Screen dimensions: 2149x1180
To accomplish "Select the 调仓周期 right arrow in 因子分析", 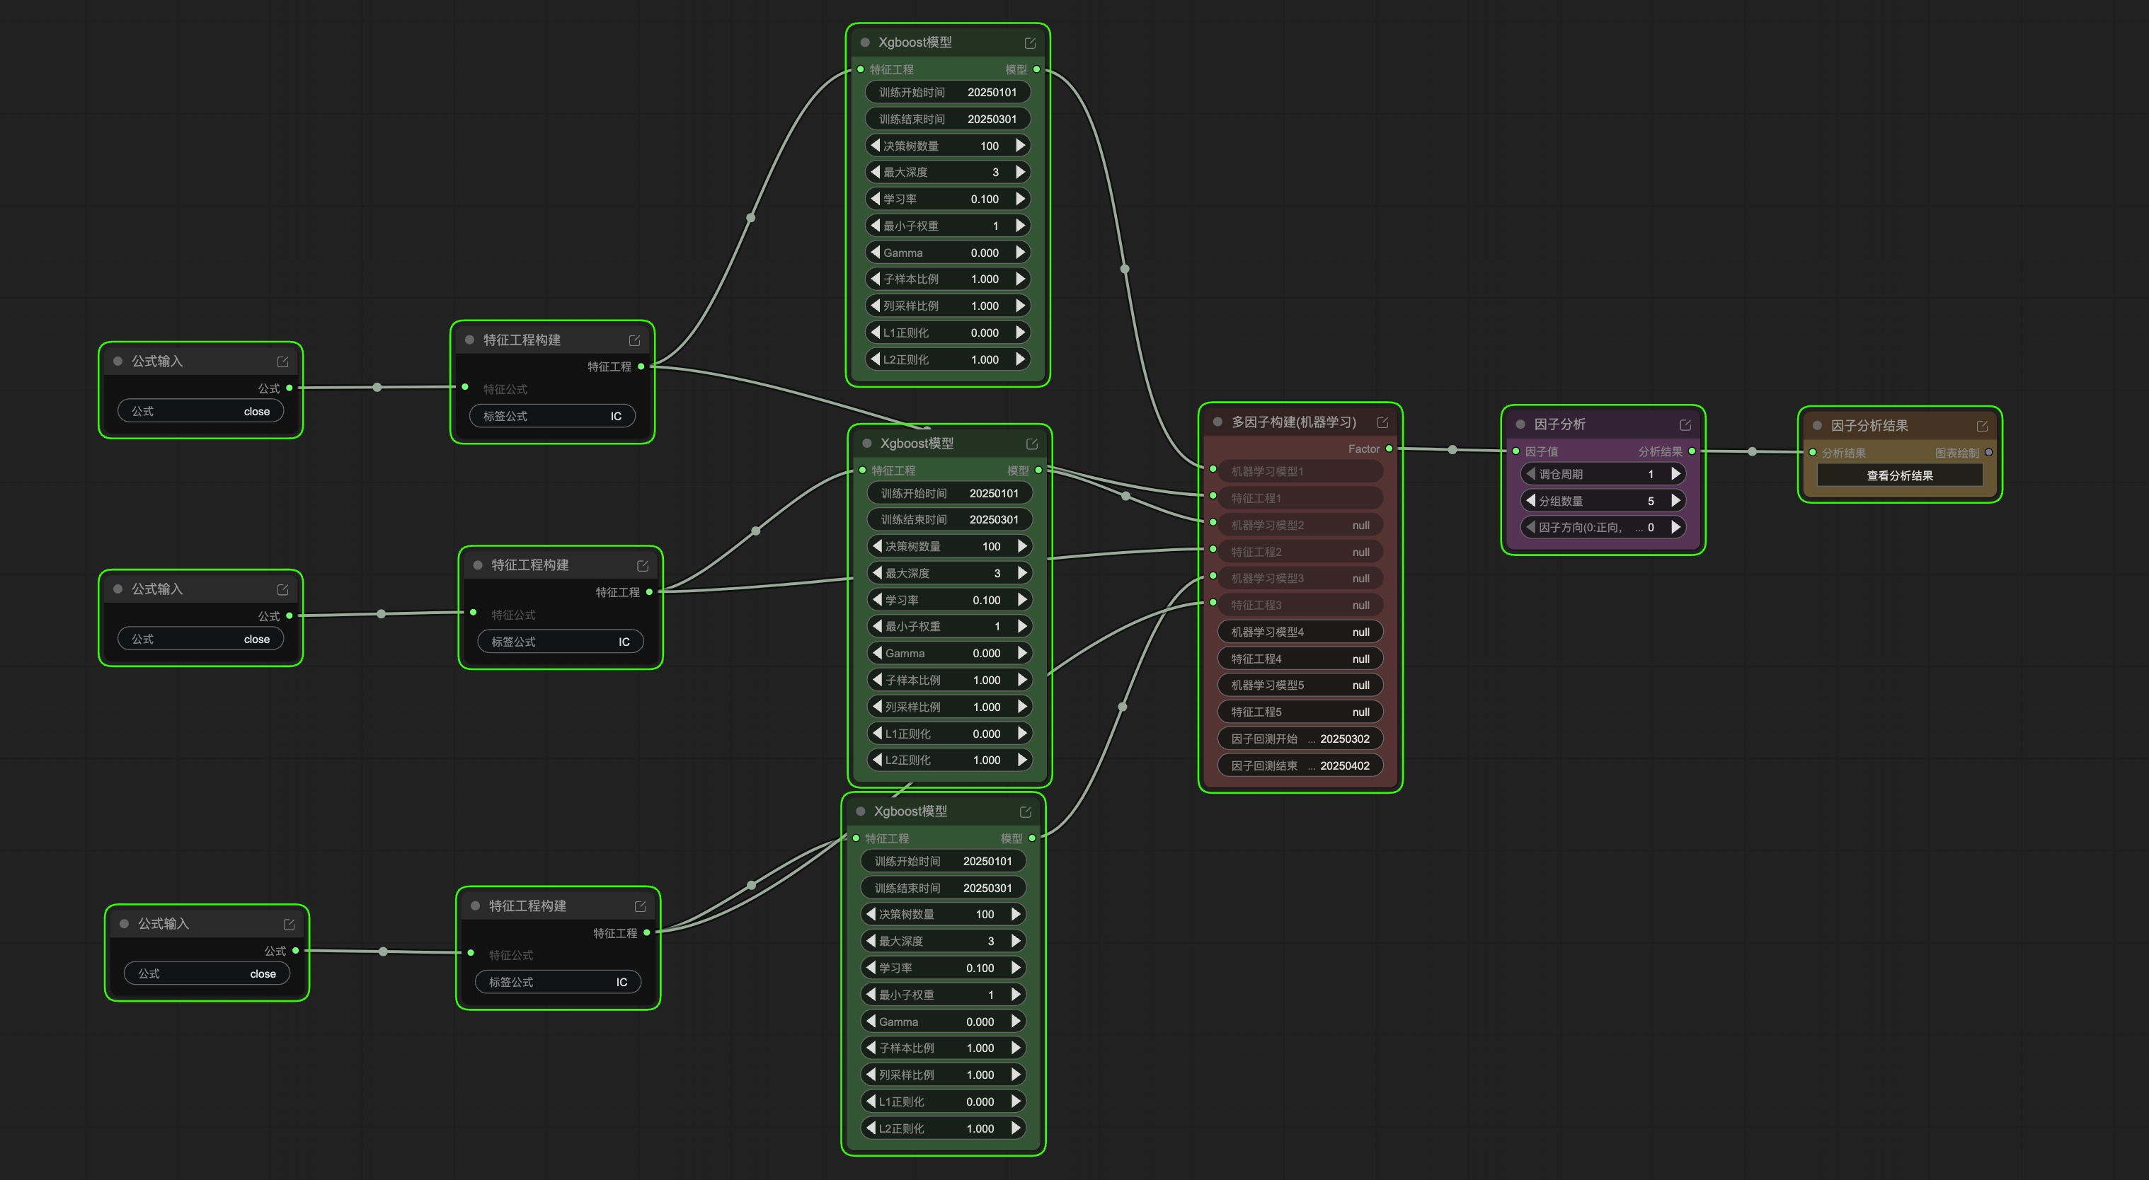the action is point(1675,474).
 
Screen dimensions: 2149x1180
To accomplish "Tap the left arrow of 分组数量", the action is point(1530,500).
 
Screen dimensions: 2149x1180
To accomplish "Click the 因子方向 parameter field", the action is point(1603,527).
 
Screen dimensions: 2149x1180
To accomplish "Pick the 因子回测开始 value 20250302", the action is point(1344,739).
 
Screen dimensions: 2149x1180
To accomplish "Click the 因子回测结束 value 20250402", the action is point(1344,765).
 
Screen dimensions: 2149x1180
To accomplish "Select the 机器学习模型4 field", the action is point(1300,632).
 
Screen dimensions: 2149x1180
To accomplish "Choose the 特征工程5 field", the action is point(1300,712).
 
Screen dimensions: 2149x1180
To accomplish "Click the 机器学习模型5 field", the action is point(1300,686).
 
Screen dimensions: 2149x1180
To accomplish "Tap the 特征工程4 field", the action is point(1300,659).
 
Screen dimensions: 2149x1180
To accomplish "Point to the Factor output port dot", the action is point(1389,449).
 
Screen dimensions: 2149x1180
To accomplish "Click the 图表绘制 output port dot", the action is point(1989,452).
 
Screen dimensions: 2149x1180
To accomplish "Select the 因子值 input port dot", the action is point(1515,451).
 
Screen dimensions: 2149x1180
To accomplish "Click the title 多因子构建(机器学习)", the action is point(1294,422).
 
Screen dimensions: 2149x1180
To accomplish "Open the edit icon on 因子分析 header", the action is point(1685,424).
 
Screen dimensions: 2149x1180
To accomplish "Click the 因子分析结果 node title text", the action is point(1869,425).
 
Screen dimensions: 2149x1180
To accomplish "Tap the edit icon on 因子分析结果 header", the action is point(1982,426).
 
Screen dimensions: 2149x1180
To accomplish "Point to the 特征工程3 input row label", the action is point(1256,606).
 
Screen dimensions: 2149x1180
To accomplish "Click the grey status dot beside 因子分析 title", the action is point(1520,424).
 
